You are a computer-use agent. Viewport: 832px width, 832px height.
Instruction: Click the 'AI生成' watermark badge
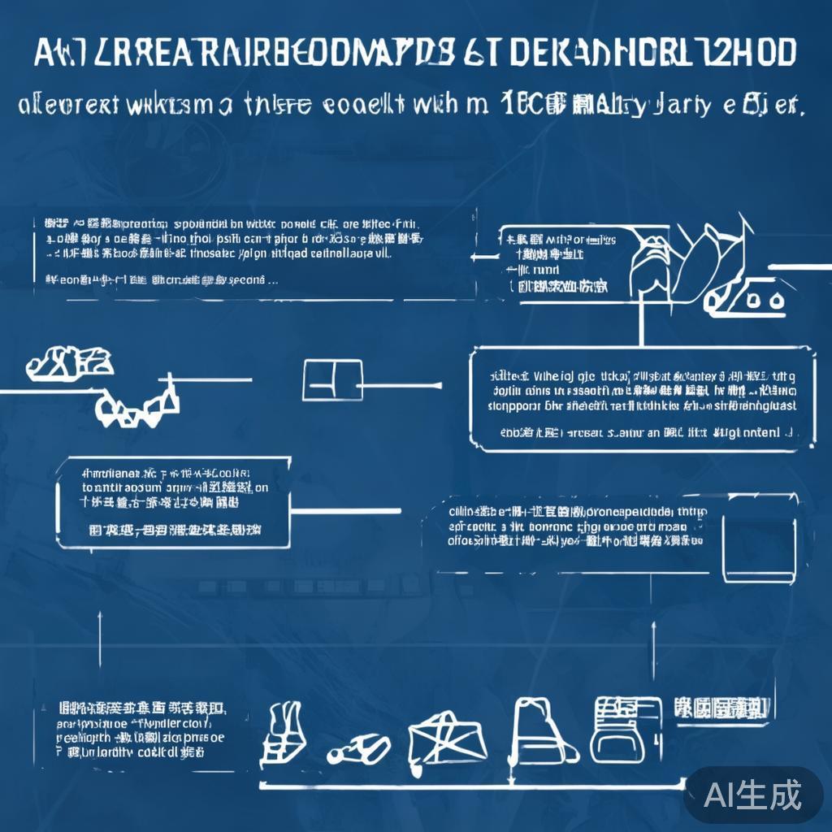point(752,794)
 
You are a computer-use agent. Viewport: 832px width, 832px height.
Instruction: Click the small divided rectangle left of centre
point(331,381)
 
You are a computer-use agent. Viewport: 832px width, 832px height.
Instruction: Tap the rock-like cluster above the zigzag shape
point(69,363)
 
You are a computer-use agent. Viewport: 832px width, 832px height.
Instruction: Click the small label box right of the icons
point(720,708)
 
